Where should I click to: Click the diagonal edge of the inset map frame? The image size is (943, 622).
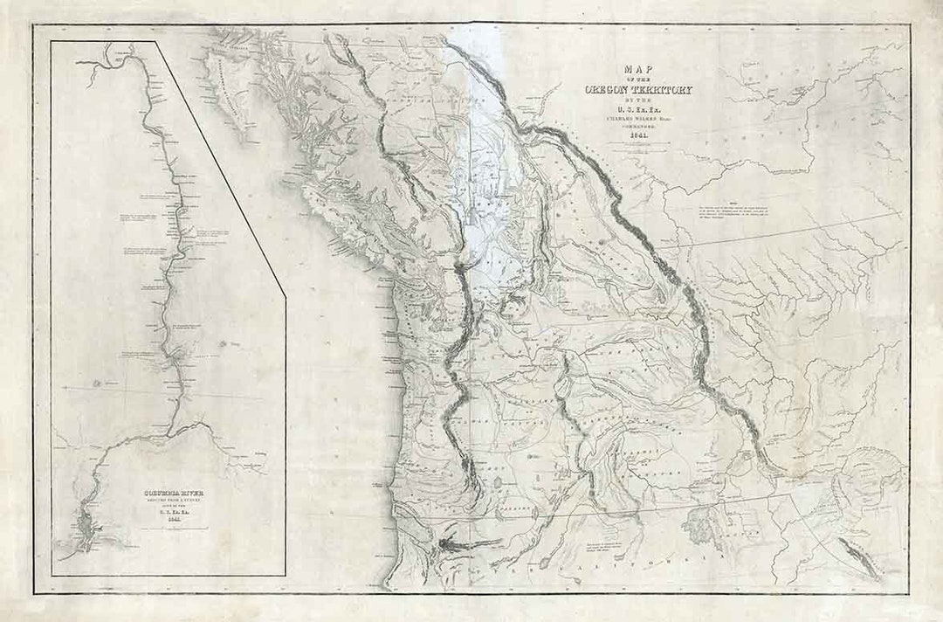coord(218,166)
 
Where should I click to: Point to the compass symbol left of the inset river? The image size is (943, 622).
coord(94,383)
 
